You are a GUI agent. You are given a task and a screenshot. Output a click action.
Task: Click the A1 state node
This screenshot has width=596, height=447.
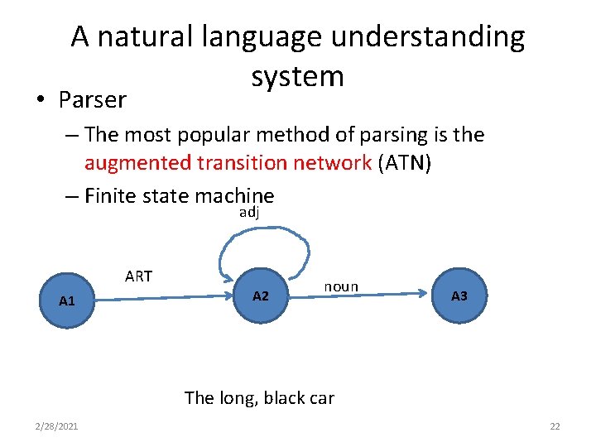click(67, 300)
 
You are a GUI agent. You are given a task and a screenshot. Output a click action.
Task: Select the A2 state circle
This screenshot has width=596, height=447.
click(261, 296)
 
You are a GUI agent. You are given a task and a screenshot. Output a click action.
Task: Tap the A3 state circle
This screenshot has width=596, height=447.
click(459, 295)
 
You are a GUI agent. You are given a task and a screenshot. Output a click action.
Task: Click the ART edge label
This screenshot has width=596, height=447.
click(138, 276)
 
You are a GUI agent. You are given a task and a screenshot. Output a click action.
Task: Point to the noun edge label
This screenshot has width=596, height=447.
click(341, 286)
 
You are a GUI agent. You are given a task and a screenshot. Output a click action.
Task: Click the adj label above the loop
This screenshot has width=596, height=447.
click(249, 213)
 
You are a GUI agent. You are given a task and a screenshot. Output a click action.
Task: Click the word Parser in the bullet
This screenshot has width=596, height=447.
click(92, 100)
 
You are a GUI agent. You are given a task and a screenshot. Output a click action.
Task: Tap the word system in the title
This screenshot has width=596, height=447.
click(297, 76)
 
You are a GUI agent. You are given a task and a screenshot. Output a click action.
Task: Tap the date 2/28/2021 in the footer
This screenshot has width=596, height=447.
click(57, 426)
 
